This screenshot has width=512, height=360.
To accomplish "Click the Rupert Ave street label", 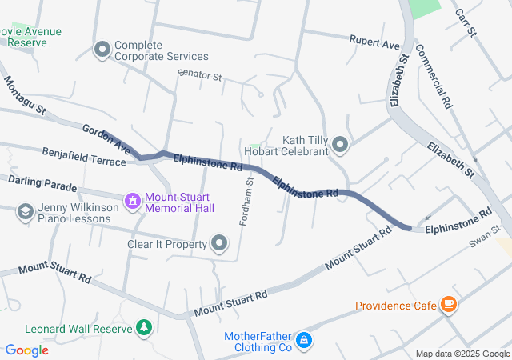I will pos(374,42).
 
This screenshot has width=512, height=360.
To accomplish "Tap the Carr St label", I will pos(465,22).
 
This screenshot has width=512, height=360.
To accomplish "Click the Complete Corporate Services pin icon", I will pos(102,50).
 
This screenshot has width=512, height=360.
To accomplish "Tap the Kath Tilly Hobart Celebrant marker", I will pos(341,145).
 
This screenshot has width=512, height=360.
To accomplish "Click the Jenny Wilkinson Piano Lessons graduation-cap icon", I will pos(25,211).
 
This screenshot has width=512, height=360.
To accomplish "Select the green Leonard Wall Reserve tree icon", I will pos(144,328).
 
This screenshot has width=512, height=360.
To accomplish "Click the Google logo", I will pos(26,350).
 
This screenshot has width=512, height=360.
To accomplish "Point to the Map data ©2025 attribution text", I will pos(462,354).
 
